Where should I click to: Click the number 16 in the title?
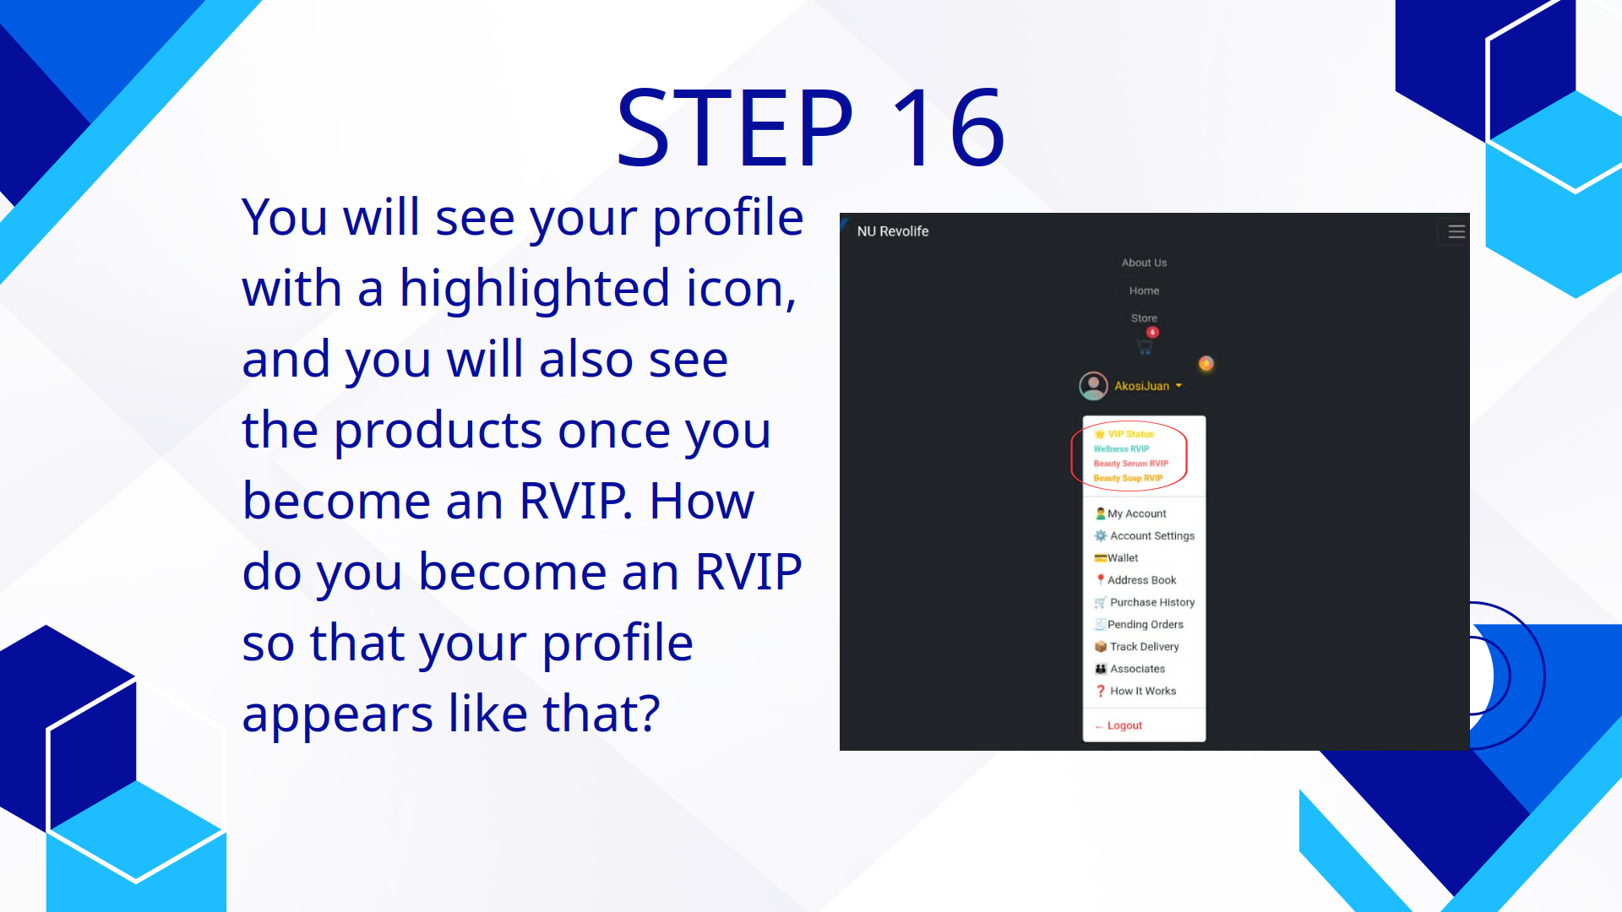pyautogui.click(x=948, y=128)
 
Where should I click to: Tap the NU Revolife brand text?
pyautogui.click(x=892, y=231)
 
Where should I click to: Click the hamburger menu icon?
pyautogui.click(x=1456, y=231)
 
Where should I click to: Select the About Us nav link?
pyautogui.click(x=1144, y=263)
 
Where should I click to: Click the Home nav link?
pyautogui.click(x=1144, y=290)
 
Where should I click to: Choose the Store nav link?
pyautogui.click(x=1144, y=318)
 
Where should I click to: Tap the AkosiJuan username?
pyautogui.click(x=1141, y=386)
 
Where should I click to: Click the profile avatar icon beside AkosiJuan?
pyautogui.click(x=1093, y=386)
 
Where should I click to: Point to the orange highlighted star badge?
pyautogui.click(x=1206, y=363)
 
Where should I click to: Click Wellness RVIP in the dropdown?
pyautogui.click(x=1121, y=449)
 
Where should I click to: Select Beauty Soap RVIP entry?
pyautogui.click(x=1128, y=478)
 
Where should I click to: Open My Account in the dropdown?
pyautogui.click(x=1136, y=513)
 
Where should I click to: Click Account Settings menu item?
pyautogui.click(x=1151, y=535)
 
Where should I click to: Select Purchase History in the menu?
pyautogui.click(x=1151, y=602)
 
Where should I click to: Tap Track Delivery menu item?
pyautogui.click(x=1144, y=647)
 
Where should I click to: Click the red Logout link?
pyautogui.click(x=1124, y=725)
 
